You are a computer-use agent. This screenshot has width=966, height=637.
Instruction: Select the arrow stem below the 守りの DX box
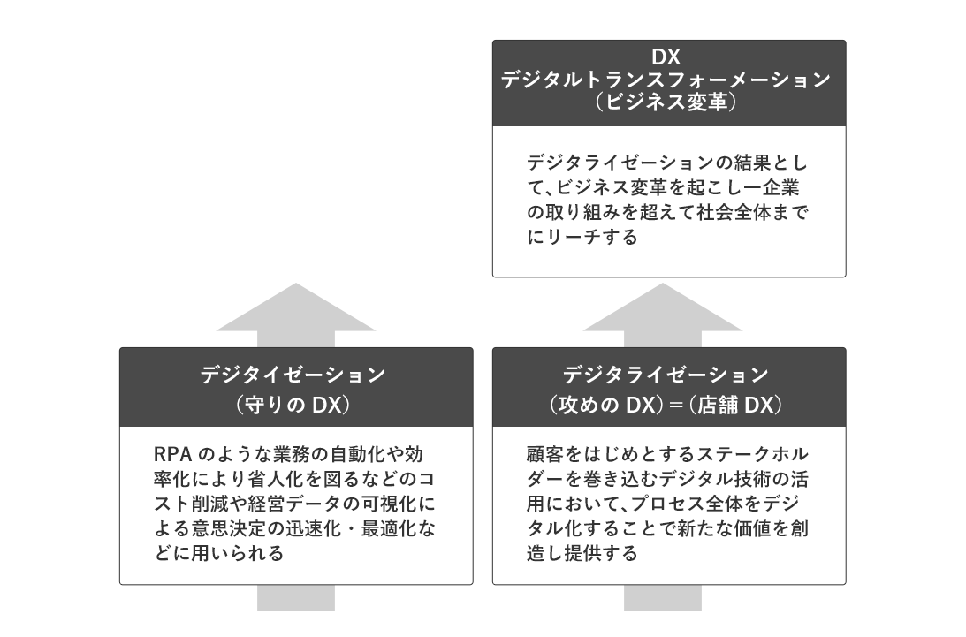pos(296,598)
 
